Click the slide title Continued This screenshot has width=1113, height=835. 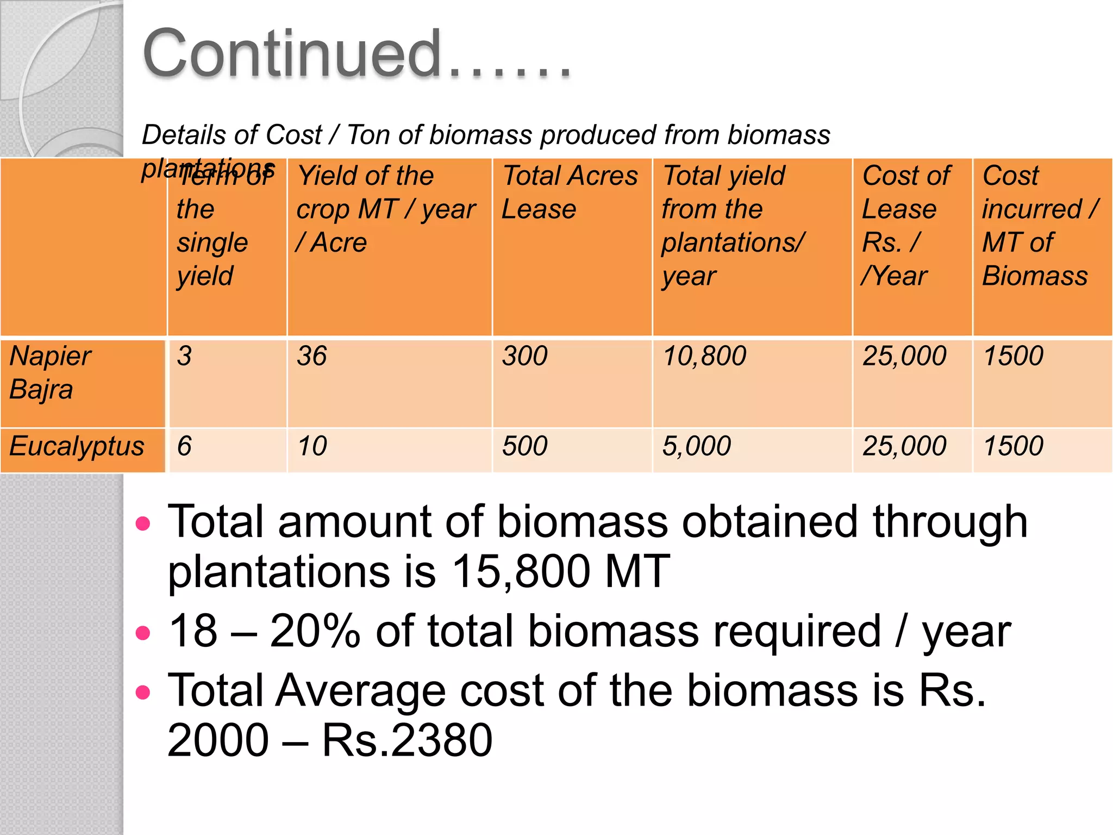[x=356, y=54]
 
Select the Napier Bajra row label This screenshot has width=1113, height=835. [x=50, y=373]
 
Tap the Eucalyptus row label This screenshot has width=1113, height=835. [x=77, y=446]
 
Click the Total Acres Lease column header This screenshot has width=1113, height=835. [x=569, y=192]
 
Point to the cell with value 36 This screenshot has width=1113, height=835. [x=311, y=357]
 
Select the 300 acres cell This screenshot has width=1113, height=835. [x=524, y=357]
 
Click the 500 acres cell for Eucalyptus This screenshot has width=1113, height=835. [x=524, y=446]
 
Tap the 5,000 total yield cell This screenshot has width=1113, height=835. [x=696, y=446]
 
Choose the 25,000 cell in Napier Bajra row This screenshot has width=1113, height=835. [x=904, y=357]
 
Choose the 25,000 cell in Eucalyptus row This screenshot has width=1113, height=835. [x=904, y=446]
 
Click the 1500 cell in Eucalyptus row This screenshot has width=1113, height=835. [x=1013, y=446]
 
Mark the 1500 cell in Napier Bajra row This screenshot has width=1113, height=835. [x=1013, y=357]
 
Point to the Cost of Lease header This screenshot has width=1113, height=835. [x=905, y=226]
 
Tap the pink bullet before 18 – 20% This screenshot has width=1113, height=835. [x=143, y=633]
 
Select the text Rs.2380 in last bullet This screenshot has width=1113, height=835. [x=407, y=740]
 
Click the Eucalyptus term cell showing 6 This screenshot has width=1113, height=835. [x=185, y=446]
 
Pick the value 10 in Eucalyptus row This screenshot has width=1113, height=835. [x=312, y=446]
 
